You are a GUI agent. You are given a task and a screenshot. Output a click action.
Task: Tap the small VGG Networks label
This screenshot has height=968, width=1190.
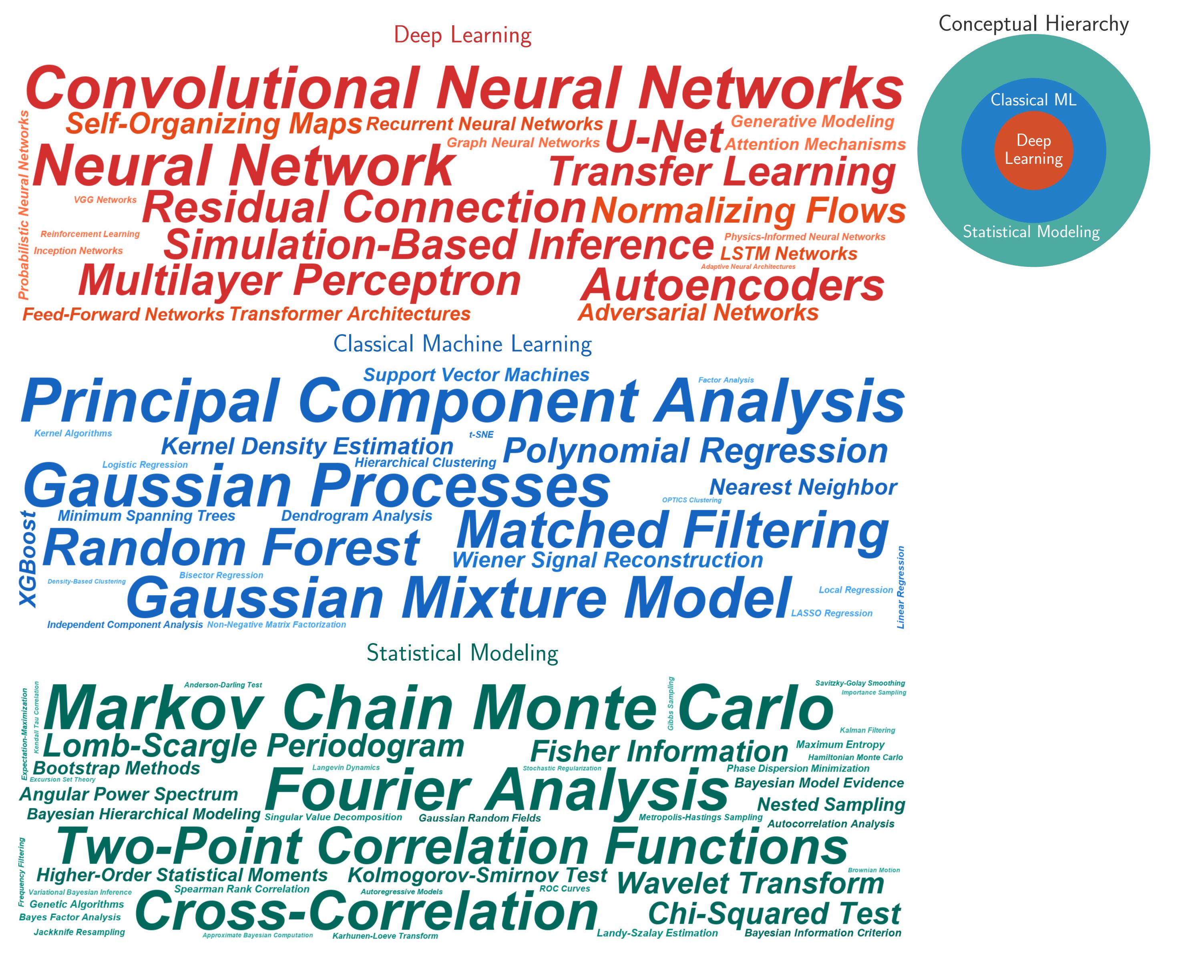pyautogui.click(x=105, y=200)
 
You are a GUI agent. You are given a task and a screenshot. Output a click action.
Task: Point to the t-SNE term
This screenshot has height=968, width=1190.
pyautogui.click(x=481, y=434)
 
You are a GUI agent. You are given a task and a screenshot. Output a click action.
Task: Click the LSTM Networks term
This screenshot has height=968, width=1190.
pyautogui.click(x=788, y=254)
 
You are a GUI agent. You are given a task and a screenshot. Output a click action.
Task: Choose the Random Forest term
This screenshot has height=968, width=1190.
pyautogui.click(x=231, y=548)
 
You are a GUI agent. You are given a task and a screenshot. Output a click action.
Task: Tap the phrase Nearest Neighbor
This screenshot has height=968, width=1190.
pyautogui.click(x=803, y=487)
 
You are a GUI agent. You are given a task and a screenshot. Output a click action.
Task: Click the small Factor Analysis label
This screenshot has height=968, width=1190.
pyautogui.click(x=726, y=380)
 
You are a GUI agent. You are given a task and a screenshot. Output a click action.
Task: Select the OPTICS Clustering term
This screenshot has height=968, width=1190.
pyautogui.click(x=691, y=500)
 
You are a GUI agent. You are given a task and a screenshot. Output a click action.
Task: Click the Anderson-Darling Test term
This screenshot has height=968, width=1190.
pyautogui.click(x=223, y=685)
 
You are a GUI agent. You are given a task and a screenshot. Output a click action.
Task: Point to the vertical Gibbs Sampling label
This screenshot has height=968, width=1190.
pyautogui.click(x=670, y=704)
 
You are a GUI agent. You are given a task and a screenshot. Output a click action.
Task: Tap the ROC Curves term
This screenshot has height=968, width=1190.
pyautogui.click(x=564, y=889)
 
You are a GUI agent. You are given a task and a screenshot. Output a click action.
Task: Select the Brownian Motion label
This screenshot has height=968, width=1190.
pyautogui.click(x=874, y=870)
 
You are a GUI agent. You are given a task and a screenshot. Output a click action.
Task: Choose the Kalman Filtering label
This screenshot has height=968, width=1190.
pyautogui.click(x=867, y=730)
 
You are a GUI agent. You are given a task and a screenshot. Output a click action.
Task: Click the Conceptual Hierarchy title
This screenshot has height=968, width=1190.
pyautogui.click(x=1033, y=24)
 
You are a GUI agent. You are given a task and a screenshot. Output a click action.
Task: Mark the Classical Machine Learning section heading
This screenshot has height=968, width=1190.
pyautogui.click(x=462, y=344)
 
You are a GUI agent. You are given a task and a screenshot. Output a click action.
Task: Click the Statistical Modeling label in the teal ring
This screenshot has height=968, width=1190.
pyautogui.click(x=1031, y=232)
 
